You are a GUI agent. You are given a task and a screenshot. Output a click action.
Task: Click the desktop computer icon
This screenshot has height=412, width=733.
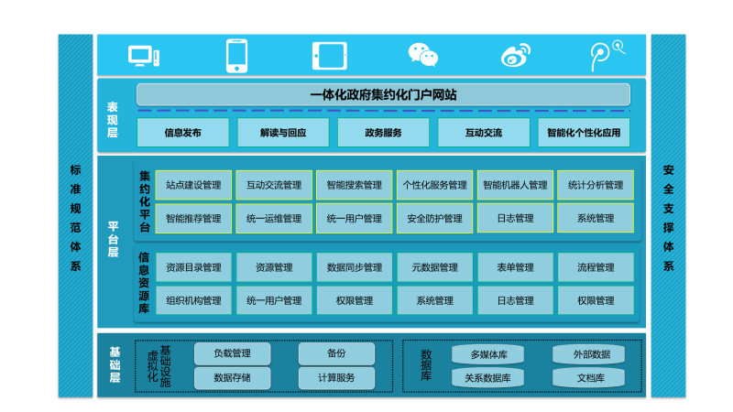(x=144, y=56)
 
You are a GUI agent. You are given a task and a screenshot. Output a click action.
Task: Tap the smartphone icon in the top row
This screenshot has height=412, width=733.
(x=237, y=55)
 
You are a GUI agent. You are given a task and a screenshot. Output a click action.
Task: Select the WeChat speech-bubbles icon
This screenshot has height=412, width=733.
(x=422, y=55)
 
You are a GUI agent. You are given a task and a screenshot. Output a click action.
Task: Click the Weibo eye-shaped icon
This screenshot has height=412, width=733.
(x=516, y=56)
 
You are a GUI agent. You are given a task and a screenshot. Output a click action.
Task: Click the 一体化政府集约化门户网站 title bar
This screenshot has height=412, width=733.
(x=383, y=94)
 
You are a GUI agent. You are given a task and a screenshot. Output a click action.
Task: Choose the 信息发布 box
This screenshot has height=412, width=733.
(x=183, y=133)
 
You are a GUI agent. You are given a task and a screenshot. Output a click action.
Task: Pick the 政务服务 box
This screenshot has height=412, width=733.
(x=383, y=133)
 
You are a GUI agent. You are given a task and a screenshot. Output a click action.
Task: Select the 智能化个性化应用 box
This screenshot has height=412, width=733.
(x=584, y=133)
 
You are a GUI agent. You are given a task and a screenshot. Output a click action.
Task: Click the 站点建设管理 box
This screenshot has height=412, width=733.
(x=193, y=185)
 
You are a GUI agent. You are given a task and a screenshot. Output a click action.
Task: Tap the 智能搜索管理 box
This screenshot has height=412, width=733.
(x=355, y=185)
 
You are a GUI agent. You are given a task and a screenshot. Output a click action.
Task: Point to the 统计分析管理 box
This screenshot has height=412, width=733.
(x=596, y=185)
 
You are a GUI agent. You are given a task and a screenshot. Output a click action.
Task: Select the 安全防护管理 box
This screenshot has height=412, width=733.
(x=434, y=219)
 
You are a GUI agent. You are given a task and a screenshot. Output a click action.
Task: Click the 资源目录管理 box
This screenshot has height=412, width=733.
(x=193, y=267)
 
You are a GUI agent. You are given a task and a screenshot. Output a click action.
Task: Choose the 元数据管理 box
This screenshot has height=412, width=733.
(x=434, y=267)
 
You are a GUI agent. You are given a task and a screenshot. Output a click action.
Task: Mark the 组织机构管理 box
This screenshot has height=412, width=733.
(x=193, y=300)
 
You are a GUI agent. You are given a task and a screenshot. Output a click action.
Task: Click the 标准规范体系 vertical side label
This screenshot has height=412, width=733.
(x=75, y=217)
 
